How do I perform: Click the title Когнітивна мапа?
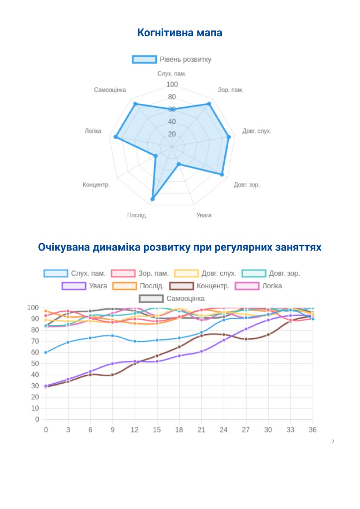(x=180, y=33)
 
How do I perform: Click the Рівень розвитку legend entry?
(x=172, y=60)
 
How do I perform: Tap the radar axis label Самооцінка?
(x=110, y=90)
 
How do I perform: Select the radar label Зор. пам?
(x=230, y=90)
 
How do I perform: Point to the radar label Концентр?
(x=96, y=185)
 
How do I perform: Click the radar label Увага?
(x=204, y=215)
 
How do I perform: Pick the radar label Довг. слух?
(x=257, y=131)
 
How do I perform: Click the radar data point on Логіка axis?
(x=116, y=137)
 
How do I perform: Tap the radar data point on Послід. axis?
(x=153, y=199)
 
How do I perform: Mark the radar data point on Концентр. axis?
(x=156, y=156)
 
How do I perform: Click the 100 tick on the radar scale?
(x=172, y=85)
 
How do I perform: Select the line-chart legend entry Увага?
(x=85, y=286)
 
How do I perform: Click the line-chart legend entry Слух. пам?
(x=75, y=273)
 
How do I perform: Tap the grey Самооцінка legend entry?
(x=172, y=298)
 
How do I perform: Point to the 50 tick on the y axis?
(x=35, y=363)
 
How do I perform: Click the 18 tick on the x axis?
(x=179, y=429)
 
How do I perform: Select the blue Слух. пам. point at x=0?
(x=46, y=352)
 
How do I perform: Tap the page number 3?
(x=332, y=441)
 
